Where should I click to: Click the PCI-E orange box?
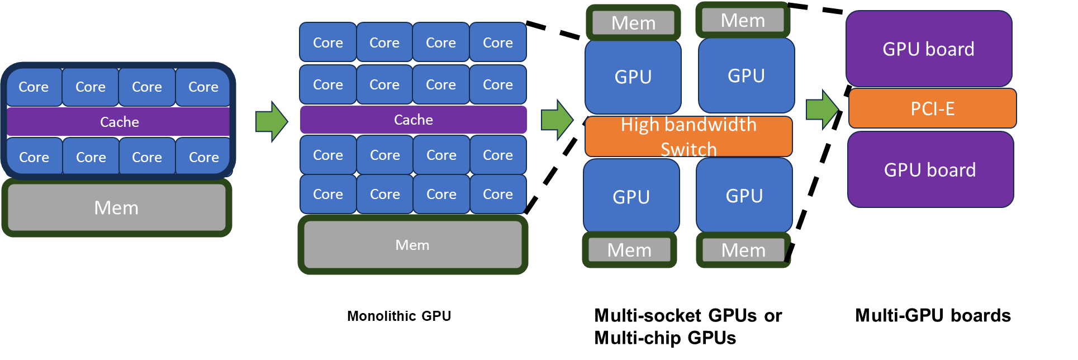[x=932, y=108]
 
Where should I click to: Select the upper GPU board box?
[x=929, y=49]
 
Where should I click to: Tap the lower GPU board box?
[x=930, y=170]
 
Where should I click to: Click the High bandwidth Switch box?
[x=688, y=136]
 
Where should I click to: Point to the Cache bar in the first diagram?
[x=118, y=122]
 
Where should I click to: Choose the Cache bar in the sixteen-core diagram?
[x=413, y=120]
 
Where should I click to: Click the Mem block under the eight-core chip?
[x=116, y=208]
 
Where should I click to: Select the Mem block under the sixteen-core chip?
[x=412, y=245]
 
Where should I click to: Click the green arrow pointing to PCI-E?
[x=822, y=109]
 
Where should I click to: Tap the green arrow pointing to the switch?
[x=557, y=120]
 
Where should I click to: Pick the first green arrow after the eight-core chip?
[x=272, y=121]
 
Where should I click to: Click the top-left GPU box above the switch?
[x=633, y=77]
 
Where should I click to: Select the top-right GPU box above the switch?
[x=746, y=75]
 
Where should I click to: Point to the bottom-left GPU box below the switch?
[x=631, y=197]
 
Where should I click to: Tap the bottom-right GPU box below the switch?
[x=744, y=196]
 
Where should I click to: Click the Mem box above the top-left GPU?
[x=633, y=23]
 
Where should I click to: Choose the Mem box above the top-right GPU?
[x=743, y=20]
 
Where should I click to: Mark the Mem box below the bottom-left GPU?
[x=629, y=250]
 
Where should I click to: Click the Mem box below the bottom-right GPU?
[x=743, y=250]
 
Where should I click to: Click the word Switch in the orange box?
[x=688, y=149]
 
